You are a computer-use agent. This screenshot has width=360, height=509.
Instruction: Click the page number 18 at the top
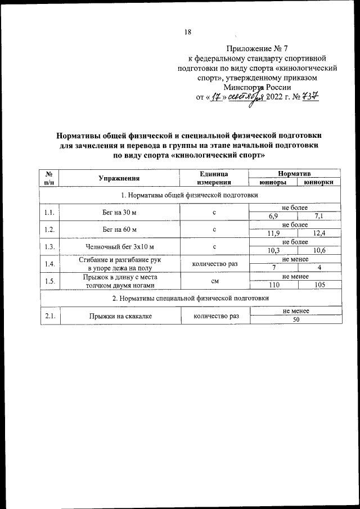coord(188,32)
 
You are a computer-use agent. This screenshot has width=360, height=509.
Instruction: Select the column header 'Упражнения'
coord(119,178)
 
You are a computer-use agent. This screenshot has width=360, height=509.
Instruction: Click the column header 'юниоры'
coord(273,182)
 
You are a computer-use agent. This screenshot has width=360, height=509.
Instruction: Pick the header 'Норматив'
coord(295,174)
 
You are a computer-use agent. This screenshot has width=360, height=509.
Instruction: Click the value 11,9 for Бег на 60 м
coord(273,233)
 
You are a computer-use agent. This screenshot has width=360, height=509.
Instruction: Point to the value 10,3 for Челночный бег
coord(273,250)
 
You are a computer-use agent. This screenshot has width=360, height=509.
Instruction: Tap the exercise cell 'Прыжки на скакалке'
coord(119,316)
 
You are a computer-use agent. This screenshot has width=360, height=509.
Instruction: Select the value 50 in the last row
coord(295,320)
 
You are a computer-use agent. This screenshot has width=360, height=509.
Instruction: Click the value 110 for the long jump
coord(273,285)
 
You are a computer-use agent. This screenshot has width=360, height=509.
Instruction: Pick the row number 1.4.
coord(49,264)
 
